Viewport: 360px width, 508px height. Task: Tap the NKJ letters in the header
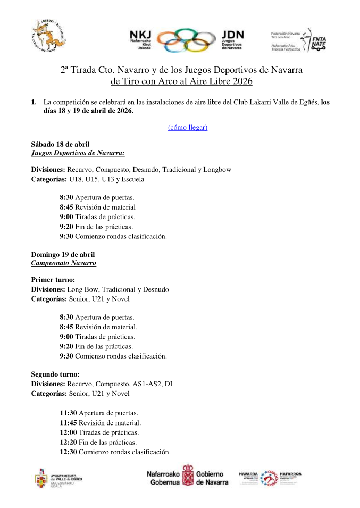pos(141,33)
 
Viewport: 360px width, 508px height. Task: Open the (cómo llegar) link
pos(187,127)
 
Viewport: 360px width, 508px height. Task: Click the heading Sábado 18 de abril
pos(60,144)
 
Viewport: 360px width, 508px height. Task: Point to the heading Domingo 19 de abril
pos(63,255)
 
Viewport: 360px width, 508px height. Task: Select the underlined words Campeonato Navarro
pos(63,263)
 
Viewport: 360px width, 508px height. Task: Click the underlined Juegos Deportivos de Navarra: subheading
pos(78,153)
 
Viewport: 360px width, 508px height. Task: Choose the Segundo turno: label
pos(55,374)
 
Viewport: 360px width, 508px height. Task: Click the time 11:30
pos(68,413)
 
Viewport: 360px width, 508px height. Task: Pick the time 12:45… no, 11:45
pos(68,422)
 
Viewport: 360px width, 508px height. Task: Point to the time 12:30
pos(68,452)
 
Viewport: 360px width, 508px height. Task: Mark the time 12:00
pos(68,432)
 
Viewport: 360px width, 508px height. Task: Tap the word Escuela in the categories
pos(132,179)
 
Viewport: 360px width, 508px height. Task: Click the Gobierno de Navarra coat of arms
pos(187,474)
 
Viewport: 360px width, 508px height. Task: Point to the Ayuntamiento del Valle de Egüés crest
pos(41,478)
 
